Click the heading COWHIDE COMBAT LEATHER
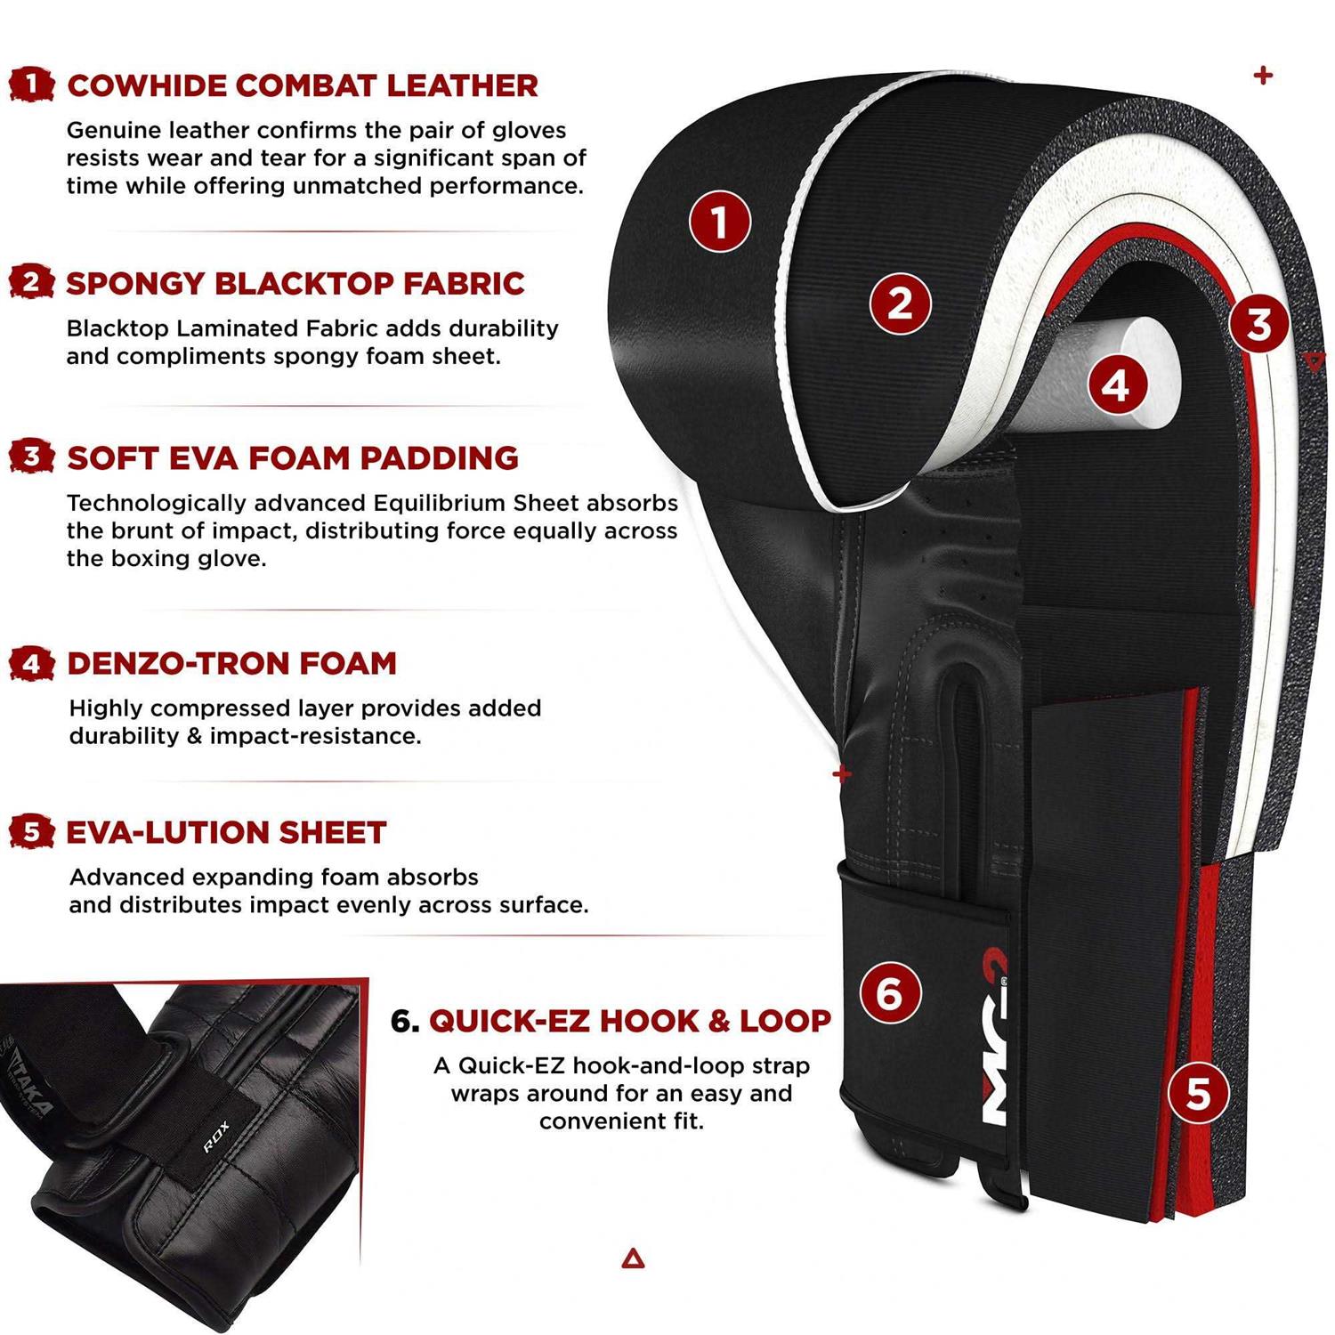tap(302, 85)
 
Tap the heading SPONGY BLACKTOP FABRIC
tap(295, 283)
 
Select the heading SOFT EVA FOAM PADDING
tap(292, 457)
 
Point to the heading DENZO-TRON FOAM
tap(231, 663)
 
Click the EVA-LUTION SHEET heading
tap(226, 832)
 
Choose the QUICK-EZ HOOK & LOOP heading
tap(629, 1021)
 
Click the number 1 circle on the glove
tap(719, 221)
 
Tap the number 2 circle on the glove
tap(900, 303)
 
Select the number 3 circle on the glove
tap(1258, 323)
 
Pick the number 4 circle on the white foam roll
tap(1116, 385)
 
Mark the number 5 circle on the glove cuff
tap(1198, 1092)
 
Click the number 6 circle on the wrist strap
tap(889, 992)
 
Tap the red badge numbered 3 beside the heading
tap(31, 457)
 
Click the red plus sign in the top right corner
tap(1262, 76)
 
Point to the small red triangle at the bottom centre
tap(633, 1258)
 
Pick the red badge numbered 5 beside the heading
tap(31, 832)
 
